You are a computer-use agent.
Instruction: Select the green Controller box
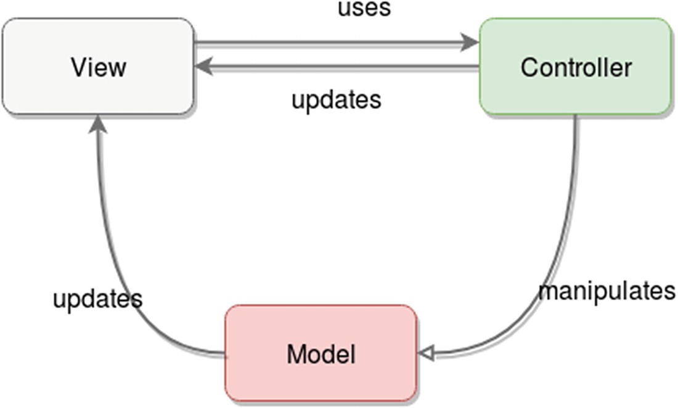pyautogui.click(x=575, y=66)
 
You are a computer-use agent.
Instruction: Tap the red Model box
pyautogui.click(x=321, y=354)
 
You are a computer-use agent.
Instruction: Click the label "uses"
pyautogui.click(x=364, y=9)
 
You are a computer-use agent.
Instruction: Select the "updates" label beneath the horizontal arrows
pyautogui.click(x=336, y=99)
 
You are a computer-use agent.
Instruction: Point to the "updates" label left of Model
pyautogui.click(x=97, y=299)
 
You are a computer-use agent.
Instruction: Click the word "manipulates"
pyautogui.click(x=607, y=290)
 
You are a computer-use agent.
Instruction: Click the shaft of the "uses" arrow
pyautogui.click(x=333, y=43)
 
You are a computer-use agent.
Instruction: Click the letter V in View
pyautogui.click(x=78, y=67)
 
